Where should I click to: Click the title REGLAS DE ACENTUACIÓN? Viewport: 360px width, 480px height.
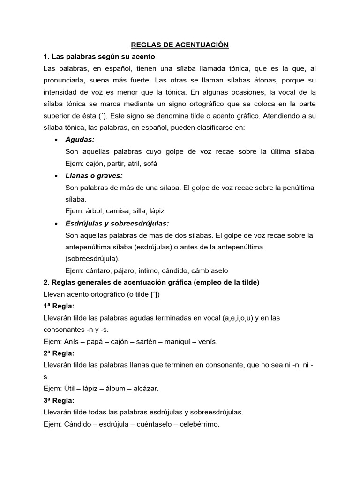180,45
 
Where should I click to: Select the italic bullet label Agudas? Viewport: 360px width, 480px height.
80,140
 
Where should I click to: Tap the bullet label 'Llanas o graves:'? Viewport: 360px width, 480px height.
94,176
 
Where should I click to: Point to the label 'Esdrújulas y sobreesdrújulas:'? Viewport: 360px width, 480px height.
117,223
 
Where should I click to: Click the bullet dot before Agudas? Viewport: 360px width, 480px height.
56,140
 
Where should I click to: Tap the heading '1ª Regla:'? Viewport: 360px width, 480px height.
59,306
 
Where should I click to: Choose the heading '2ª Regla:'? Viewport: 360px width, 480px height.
59,353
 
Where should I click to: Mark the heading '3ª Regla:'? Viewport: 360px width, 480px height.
59,400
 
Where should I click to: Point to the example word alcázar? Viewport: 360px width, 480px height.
145,389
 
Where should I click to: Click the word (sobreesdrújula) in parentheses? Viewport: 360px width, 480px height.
92,258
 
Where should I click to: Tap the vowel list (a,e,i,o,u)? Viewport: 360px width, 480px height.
232,318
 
